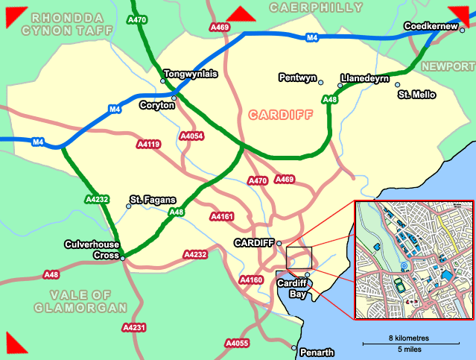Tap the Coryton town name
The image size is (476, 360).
157,106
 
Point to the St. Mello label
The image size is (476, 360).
417,95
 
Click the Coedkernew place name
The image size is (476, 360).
430,27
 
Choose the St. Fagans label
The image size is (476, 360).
153,199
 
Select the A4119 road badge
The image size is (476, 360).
148,145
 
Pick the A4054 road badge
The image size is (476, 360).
192,136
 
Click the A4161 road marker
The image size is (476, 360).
222,217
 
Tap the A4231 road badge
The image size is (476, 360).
133,327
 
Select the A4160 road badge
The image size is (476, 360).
251,280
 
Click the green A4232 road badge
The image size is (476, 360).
98,199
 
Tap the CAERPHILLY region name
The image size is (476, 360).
316,8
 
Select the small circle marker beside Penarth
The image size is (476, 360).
294,348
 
